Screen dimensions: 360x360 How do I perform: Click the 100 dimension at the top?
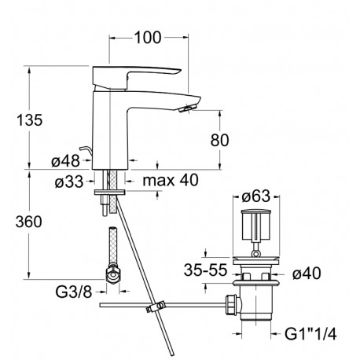pyautogui.click(x=148, y=38)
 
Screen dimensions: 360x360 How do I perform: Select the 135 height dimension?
pyautogui.click(x=29, y=120)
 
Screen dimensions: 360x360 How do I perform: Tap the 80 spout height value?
pyautogui.click(x=219, y=140)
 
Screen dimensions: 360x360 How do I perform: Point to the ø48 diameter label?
pyautogui.click(x=65, y=160)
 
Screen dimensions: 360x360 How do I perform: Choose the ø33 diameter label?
pyautogui.click(x=69, y=182)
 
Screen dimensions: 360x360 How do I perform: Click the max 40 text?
pyautogui.click(x=171, y=180)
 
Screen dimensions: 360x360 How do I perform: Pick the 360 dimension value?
pyautogui.click(x=28, y=222)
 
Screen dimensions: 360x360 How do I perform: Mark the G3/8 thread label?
pyautogui.click(x=74, y=292)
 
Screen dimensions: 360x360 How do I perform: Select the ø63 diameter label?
pyautogui.click(x=255, y=196)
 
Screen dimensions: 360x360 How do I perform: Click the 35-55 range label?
pyautogui.click(x=205, y=270)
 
